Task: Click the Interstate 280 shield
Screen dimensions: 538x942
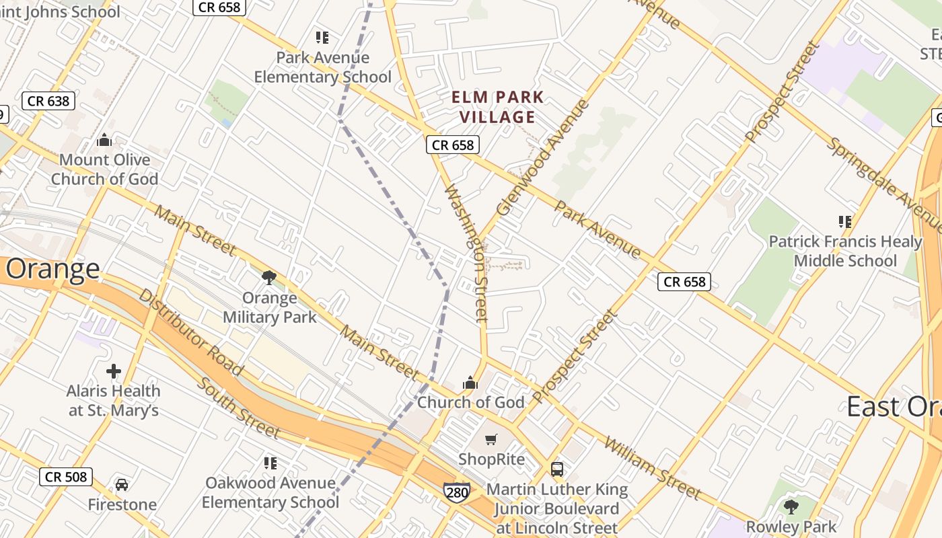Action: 456,492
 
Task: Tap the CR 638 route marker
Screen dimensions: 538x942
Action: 48,102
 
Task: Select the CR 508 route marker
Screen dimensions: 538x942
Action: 65,477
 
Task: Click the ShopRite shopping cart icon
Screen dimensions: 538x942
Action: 491,440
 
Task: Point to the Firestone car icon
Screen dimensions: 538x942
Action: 122,485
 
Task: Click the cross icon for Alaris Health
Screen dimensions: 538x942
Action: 114,371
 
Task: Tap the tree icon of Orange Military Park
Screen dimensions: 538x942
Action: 269,277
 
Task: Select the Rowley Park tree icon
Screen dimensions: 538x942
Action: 791,506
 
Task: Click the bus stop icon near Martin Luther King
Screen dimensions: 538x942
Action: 557,469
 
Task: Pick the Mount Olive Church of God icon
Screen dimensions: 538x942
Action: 104,140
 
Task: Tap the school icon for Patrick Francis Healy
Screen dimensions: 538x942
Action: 845,221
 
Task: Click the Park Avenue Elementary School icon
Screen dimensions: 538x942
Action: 322,38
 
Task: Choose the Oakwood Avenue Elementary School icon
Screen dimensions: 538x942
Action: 270,463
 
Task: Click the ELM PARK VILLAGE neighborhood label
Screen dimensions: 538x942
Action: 497,107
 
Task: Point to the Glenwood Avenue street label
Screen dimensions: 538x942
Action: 542,157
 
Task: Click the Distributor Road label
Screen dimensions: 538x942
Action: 190,332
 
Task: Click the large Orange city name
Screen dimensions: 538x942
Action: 52,269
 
